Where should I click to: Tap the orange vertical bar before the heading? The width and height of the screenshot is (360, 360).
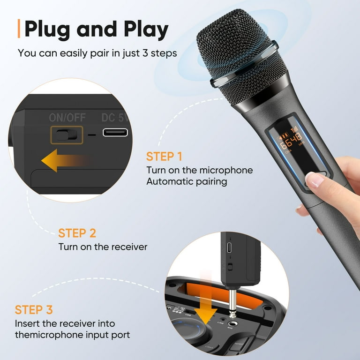click(19, 29)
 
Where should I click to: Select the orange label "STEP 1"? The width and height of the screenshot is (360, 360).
click(164, 157)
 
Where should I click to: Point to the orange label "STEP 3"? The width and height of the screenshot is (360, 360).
click(34, 310)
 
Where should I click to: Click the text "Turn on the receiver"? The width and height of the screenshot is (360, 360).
click(103, 247)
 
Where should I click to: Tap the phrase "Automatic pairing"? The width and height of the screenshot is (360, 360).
click(187, 181)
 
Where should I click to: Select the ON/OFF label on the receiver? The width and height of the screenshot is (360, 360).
click(67, 118)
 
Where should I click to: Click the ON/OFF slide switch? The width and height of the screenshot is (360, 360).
click(66, 135)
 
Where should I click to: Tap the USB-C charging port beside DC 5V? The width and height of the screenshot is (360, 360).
click(115, 133)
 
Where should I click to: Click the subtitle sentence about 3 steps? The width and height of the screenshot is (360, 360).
click(97, 52)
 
